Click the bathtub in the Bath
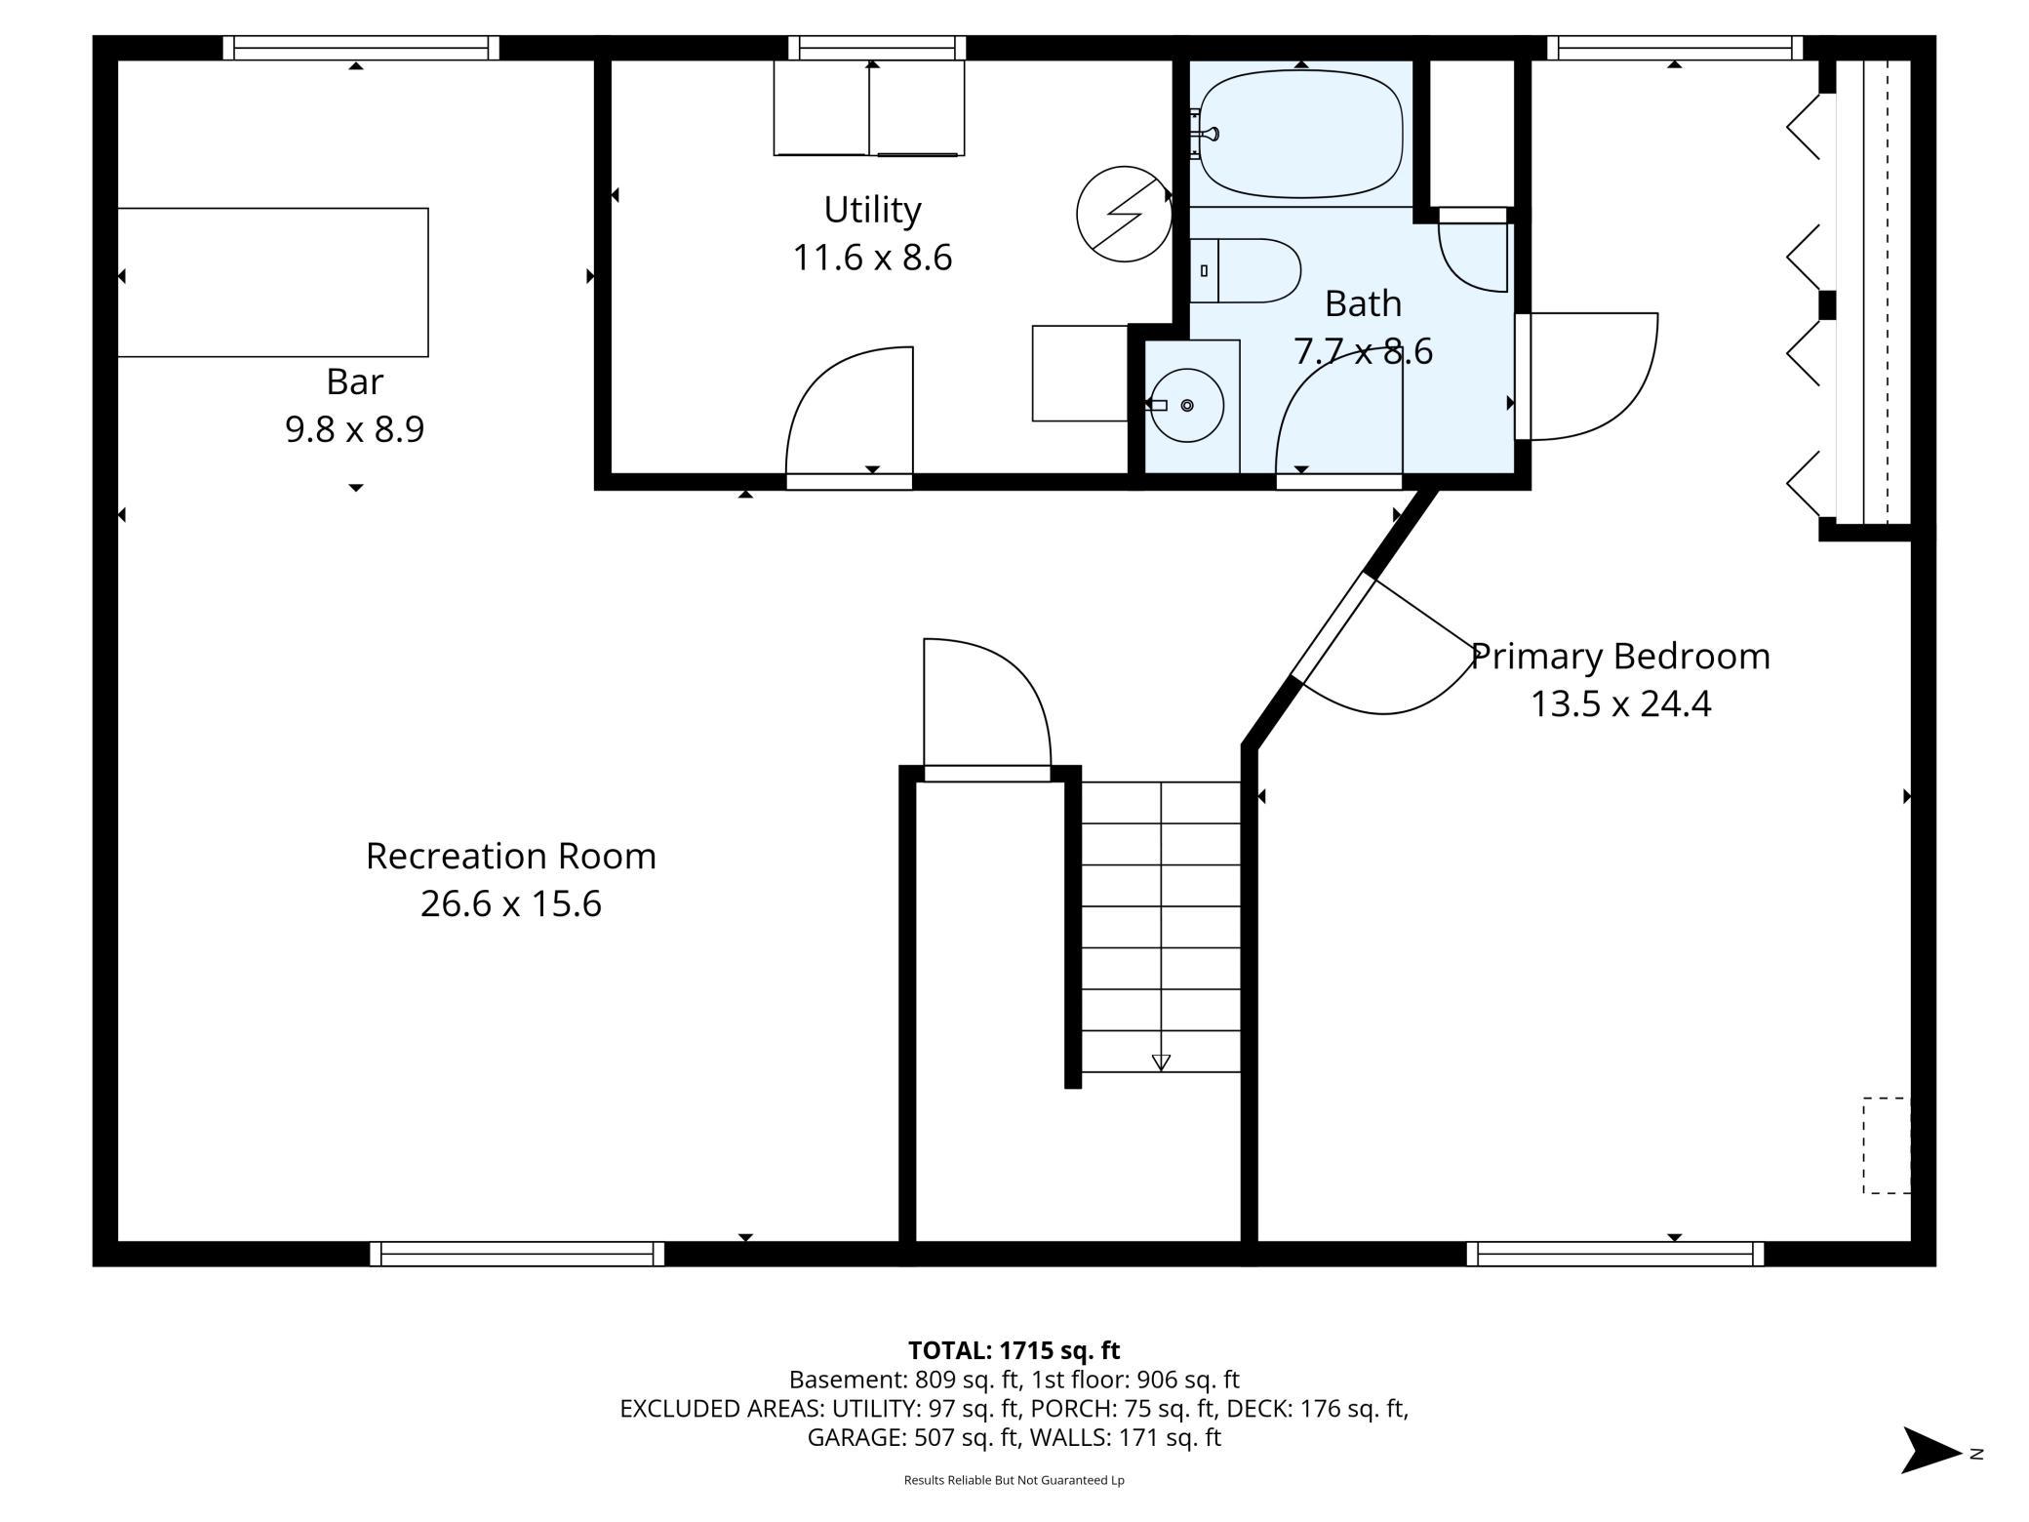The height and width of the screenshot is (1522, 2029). point(1300,134)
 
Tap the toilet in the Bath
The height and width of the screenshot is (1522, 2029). point(1246,270)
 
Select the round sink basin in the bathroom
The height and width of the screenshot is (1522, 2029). point(1187,405)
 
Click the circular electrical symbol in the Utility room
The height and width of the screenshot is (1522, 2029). point(1124,214)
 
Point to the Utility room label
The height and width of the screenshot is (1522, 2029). point(872,210)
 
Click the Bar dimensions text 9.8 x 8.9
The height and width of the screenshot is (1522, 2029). point(355,429)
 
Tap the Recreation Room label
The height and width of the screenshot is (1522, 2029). point(511,856)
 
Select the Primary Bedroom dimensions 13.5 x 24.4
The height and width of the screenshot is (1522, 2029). point(1620,703)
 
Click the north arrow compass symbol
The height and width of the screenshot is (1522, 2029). point(1931,1450)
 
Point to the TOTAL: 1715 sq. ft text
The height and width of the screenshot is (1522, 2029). point(1014,1350)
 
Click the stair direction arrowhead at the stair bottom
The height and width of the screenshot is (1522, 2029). point(1161,1062)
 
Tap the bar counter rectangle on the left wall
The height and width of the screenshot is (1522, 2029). point(273,282)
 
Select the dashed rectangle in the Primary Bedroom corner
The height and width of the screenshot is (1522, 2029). point(1887,1145)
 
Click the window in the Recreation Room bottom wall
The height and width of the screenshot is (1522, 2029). point(517,1254)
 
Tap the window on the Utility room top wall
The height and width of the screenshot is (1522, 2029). point(877,48)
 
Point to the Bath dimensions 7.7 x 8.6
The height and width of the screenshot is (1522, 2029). point(1363,351)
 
